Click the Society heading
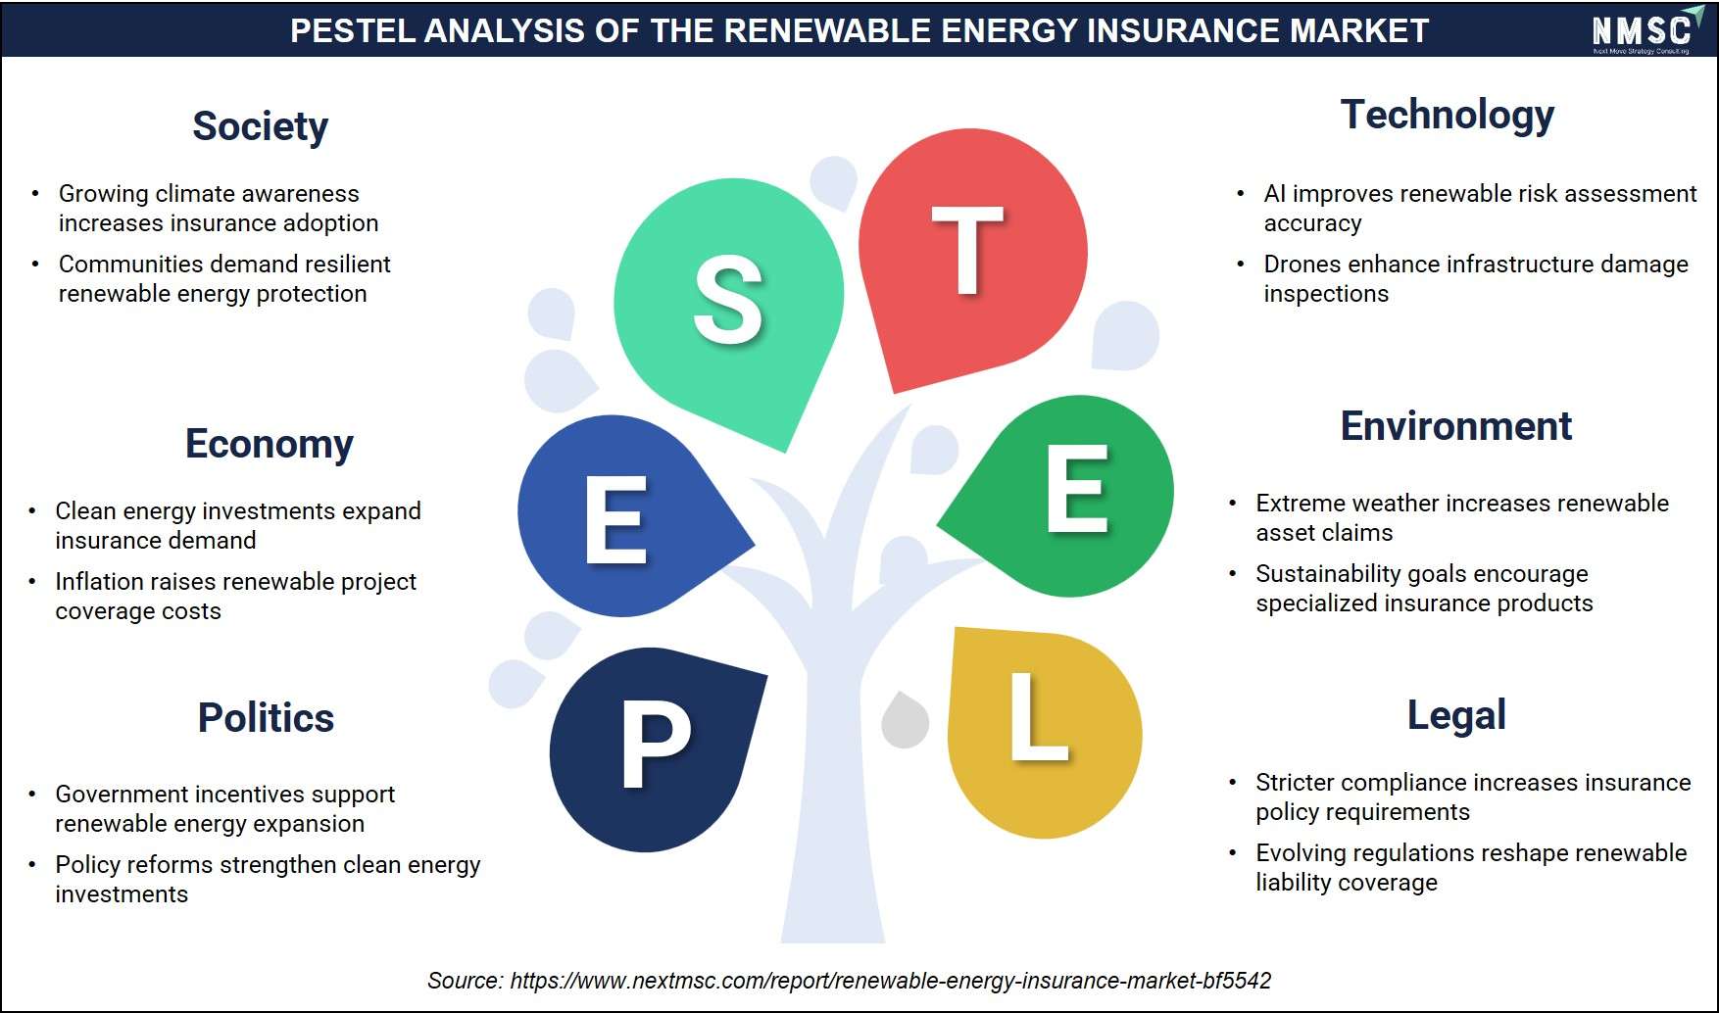260,127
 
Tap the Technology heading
1448,116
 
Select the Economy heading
270,445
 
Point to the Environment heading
1455,426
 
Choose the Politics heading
266,718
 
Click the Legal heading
1456,716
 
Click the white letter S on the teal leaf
728,300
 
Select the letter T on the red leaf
968,251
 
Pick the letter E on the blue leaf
616,520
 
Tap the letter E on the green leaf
1077,489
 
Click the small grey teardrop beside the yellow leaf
906,721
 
